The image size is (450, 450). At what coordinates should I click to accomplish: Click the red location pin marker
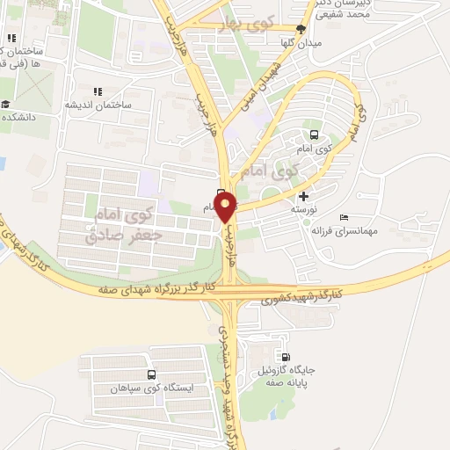(226, 207)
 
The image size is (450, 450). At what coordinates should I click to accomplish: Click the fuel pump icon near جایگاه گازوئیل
(284, 357)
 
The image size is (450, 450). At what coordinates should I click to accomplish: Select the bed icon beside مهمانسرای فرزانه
(343, 217)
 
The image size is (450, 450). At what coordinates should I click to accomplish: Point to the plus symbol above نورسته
(304, 196)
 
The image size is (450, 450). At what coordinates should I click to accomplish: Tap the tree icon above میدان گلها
(301, 29)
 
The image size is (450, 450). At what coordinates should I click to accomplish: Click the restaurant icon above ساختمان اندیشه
(98, 91)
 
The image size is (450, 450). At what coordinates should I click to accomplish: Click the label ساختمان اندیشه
(98, 105)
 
